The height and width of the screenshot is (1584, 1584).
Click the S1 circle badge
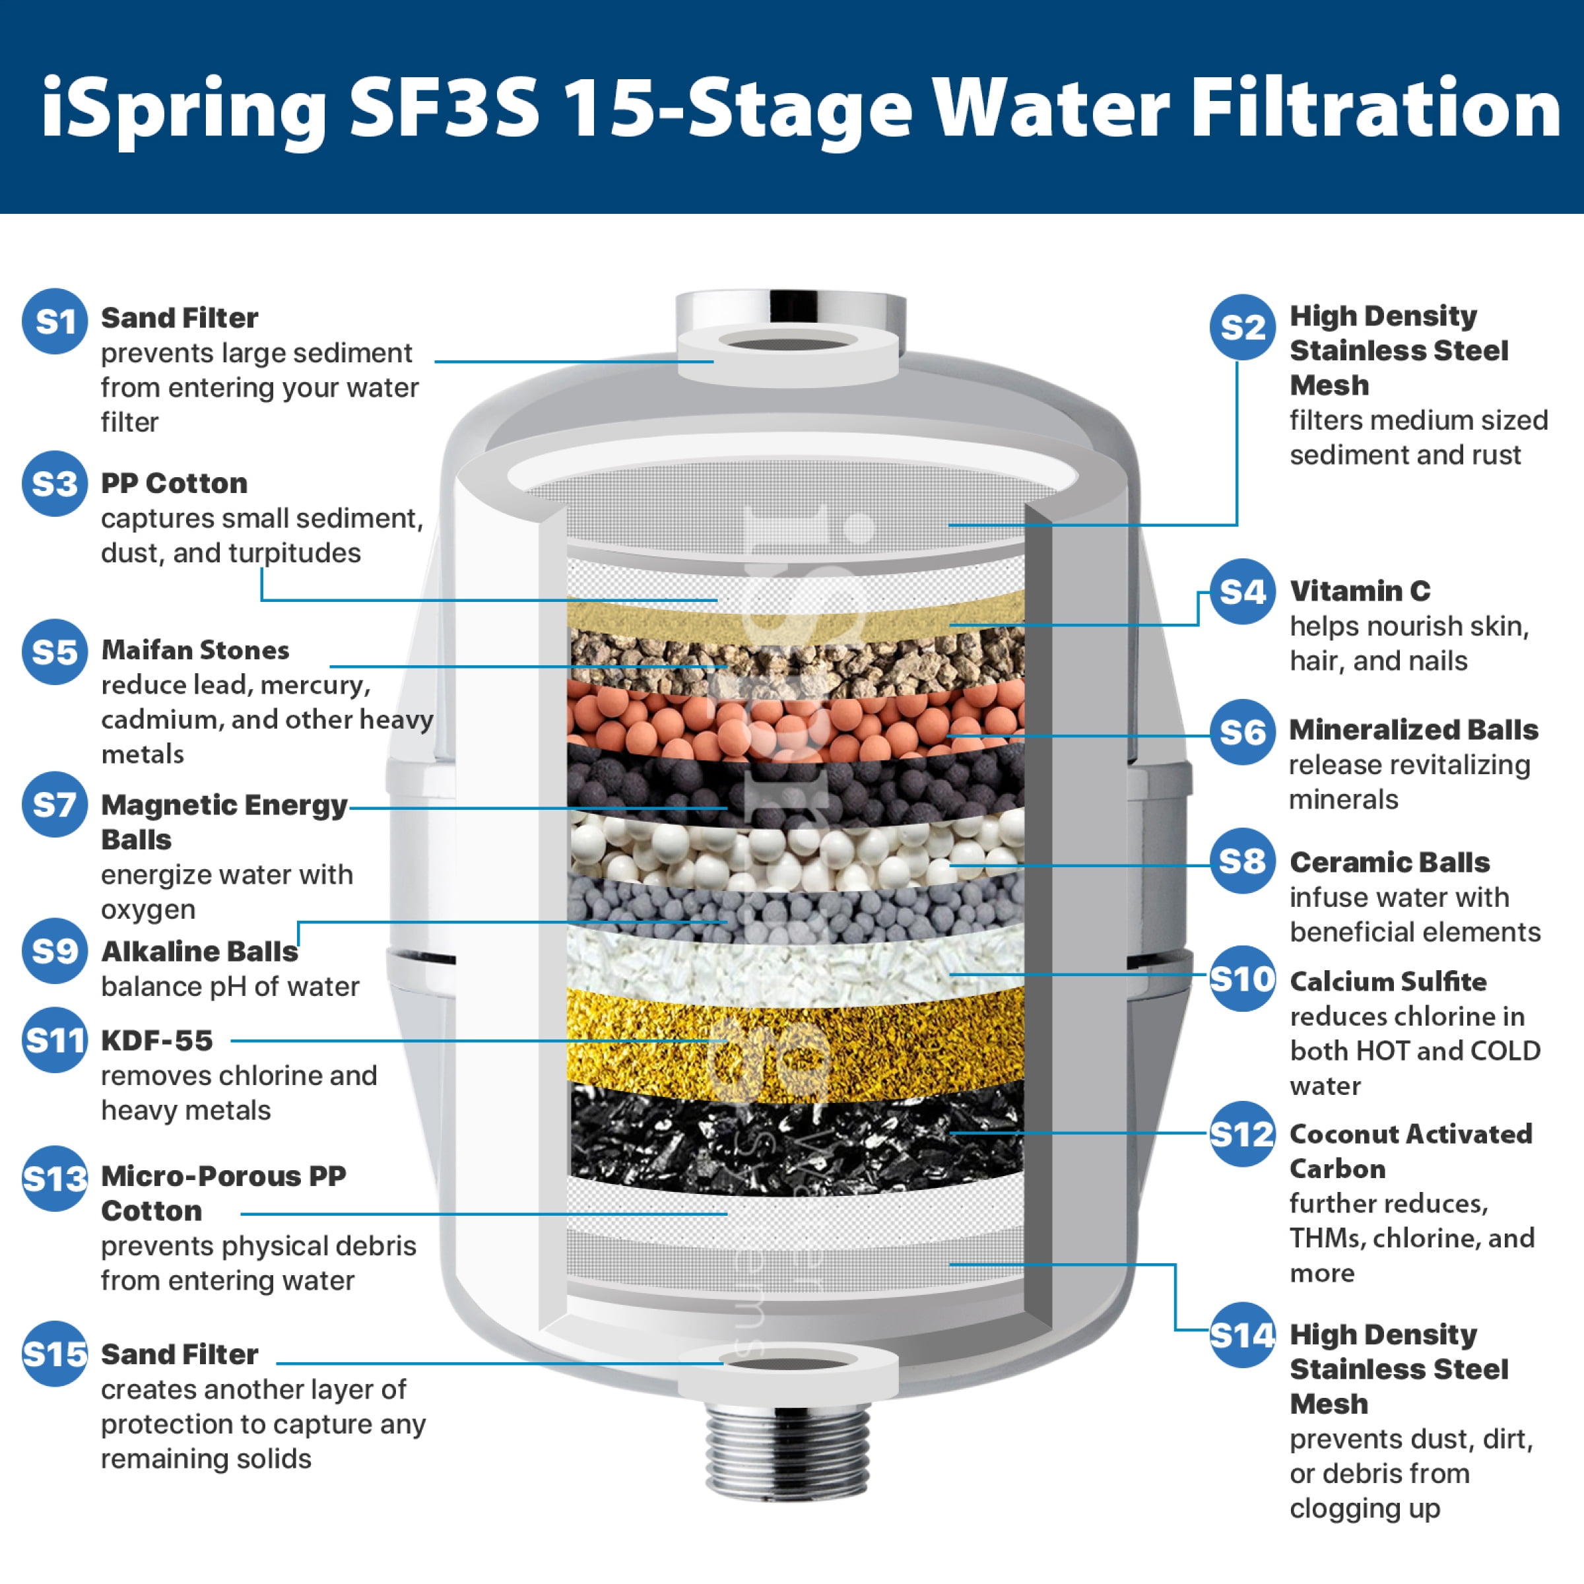[x=55, y=321]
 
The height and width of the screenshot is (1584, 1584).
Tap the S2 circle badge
[x=1242, y=327]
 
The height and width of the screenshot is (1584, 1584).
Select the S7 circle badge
[x=55, y=805]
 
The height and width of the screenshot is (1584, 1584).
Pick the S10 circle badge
[x=1242, y=978]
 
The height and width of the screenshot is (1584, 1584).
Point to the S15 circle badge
[x=55, y=1354]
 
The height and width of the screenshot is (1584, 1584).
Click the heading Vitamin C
[x=1360, y=590]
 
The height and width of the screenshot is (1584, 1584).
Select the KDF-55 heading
[x=156, y=1040]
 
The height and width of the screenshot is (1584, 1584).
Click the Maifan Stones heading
[x=195, y=650]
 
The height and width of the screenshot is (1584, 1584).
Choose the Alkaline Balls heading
[x=199, y=951]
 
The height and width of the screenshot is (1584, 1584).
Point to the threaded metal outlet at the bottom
[x=788, y=1451]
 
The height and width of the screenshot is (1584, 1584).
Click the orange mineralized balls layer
[x=795, y=720]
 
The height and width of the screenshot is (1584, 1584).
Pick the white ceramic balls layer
[x=795, y=853]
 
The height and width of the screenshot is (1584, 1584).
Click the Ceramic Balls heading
[x=1390, y=863]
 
